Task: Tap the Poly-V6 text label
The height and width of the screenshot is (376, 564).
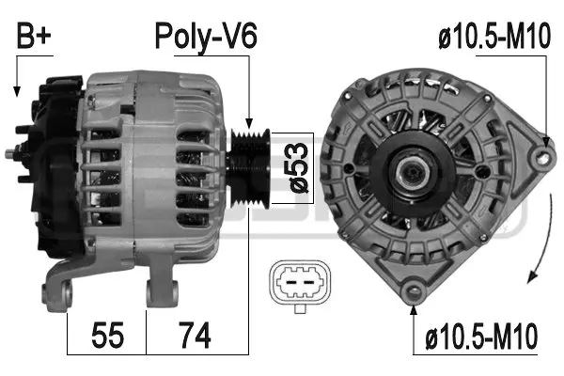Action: (x=206, y=38)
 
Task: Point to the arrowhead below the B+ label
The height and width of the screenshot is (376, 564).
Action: (x=16, y=91)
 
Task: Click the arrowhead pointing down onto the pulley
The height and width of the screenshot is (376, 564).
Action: (x=249, y=124)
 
